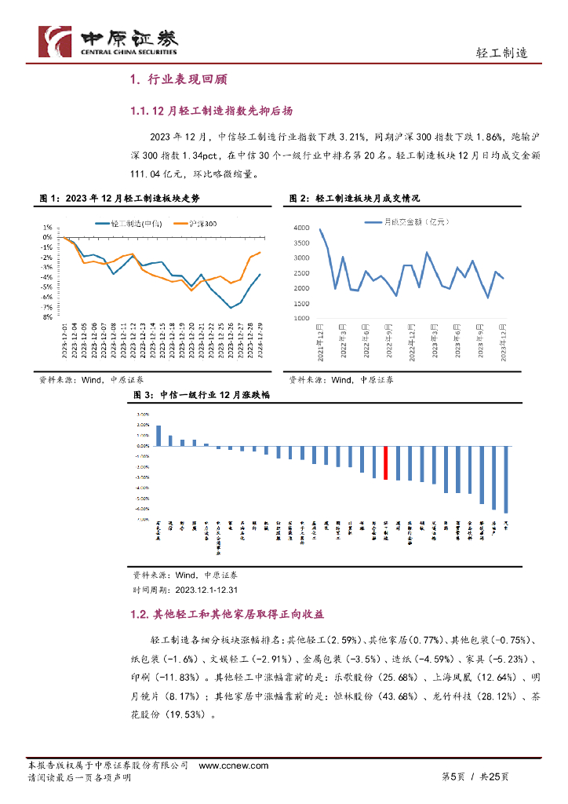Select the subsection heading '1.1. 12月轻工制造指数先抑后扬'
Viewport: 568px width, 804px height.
pos(213,111)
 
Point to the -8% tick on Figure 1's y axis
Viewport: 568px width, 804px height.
pos(47,317)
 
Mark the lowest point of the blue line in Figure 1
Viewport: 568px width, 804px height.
pos(231,308)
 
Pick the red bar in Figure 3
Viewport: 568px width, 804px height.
pos(385,463)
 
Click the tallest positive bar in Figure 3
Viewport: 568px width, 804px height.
pos(158,436)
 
